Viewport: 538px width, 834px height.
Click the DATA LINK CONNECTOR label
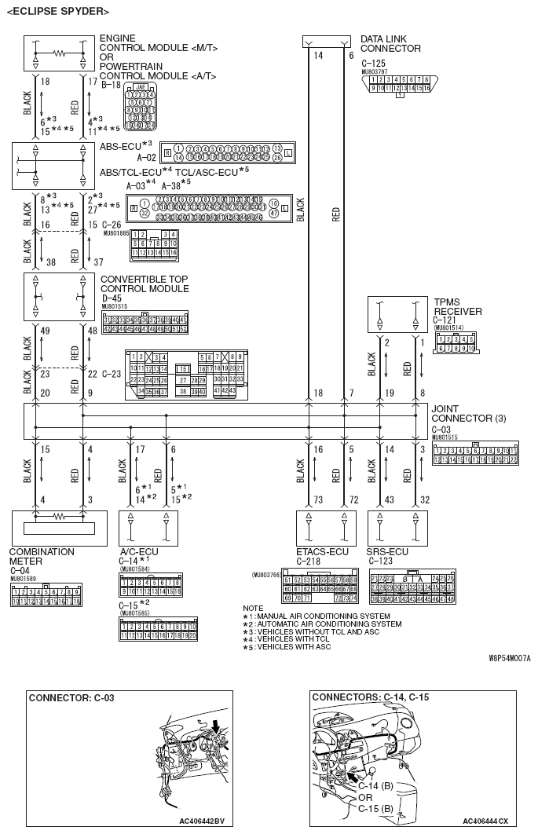point(390,43)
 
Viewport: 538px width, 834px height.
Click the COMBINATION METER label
point(42,556)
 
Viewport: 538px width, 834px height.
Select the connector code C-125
point(373,62)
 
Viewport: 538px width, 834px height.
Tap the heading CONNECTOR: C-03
point(71,697)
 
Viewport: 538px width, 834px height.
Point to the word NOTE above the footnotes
point(253,608)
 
